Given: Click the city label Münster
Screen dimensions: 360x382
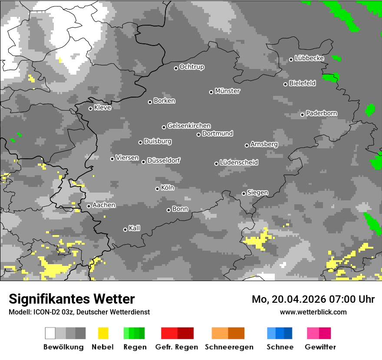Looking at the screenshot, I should tap(227, 91).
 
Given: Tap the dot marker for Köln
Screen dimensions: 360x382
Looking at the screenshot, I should tap(157, 189).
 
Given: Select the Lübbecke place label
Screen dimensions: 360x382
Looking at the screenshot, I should tap(310, 58).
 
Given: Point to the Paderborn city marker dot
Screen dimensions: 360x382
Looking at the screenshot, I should tap(303, 115).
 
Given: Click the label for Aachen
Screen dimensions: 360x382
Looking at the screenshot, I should tap(104, 205).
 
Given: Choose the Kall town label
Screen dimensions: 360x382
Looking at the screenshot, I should tap(135, 228).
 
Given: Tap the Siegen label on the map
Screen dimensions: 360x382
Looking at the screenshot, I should tap(257, 193).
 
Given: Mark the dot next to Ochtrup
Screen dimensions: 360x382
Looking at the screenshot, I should tap(176, 68).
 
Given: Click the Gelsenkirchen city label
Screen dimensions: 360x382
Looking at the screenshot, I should tap(189, 126).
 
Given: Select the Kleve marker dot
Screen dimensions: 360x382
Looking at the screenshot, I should tap(90, 108).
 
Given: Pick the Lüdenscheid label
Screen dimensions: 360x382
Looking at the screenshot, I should tap(239, 163).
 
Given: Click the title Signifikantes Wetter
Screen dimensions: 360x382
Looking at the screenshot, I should tap(72, 299).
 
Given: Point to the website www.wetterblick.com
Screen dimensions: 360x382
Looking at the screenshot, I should tap(313, 312).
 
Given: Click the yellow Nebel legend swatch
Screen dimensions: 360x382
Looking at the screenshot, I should tap(103, 333).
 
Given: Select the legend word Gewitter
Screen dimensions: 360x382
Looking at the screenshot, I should tap(320, 347).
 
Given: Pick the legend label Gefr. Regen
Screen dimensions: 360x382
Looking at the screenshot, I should tap(176, 347).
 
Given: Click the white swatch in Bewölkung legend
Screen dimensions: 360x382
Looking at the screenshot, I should tap(50, 333).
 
